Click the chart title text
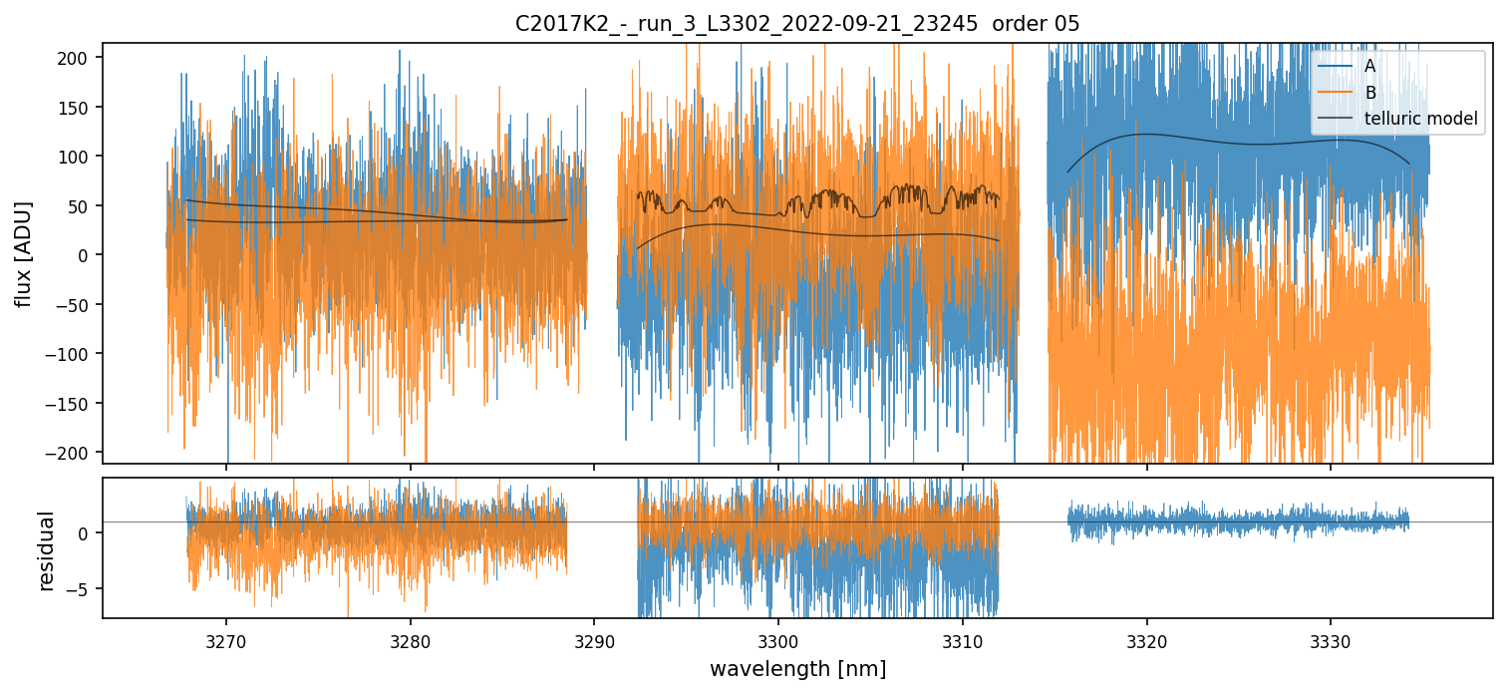click(796, 24)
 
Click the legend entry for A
click(1369, 66)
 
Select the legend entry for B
click(1369, 93)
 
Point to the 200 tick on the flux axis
click(79, 58)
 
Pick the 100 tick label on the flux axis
click(79, 157)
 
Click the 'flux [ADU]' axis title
click(23, 253)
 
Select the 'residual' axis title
click(46, 550)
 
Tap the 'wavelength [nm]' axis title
click(797, 668)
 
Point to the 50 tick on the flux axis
click(83, 206)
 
